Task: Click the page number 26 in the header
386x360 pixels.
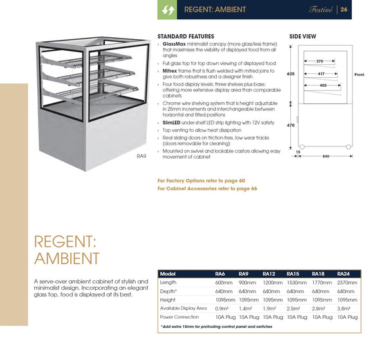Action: pos(345,10)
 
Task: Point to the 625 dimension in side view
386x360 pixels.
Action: pos(290,74)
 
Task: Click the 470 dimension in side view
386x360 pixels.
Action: pos(290,126)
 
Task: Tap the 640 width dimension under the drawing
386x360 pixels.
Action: pos(326,156)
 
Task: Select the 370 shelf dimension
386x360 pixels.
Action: pos(320,61)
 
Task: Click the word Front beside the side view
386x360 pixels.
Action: pos(359,75)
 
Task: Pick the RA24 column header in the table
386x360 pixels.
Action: pos(344,274)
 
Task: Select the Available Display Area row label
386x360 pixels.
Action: pos(183,308)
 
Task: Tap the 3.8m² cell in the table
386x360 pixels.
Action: pos(343,308)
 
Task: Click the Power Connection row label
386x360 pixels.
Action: pos(179,317)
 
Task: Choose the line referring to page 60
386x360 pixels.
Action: pos(201,181)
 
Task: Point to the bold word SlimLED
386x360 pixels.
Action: pos(172,122)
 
